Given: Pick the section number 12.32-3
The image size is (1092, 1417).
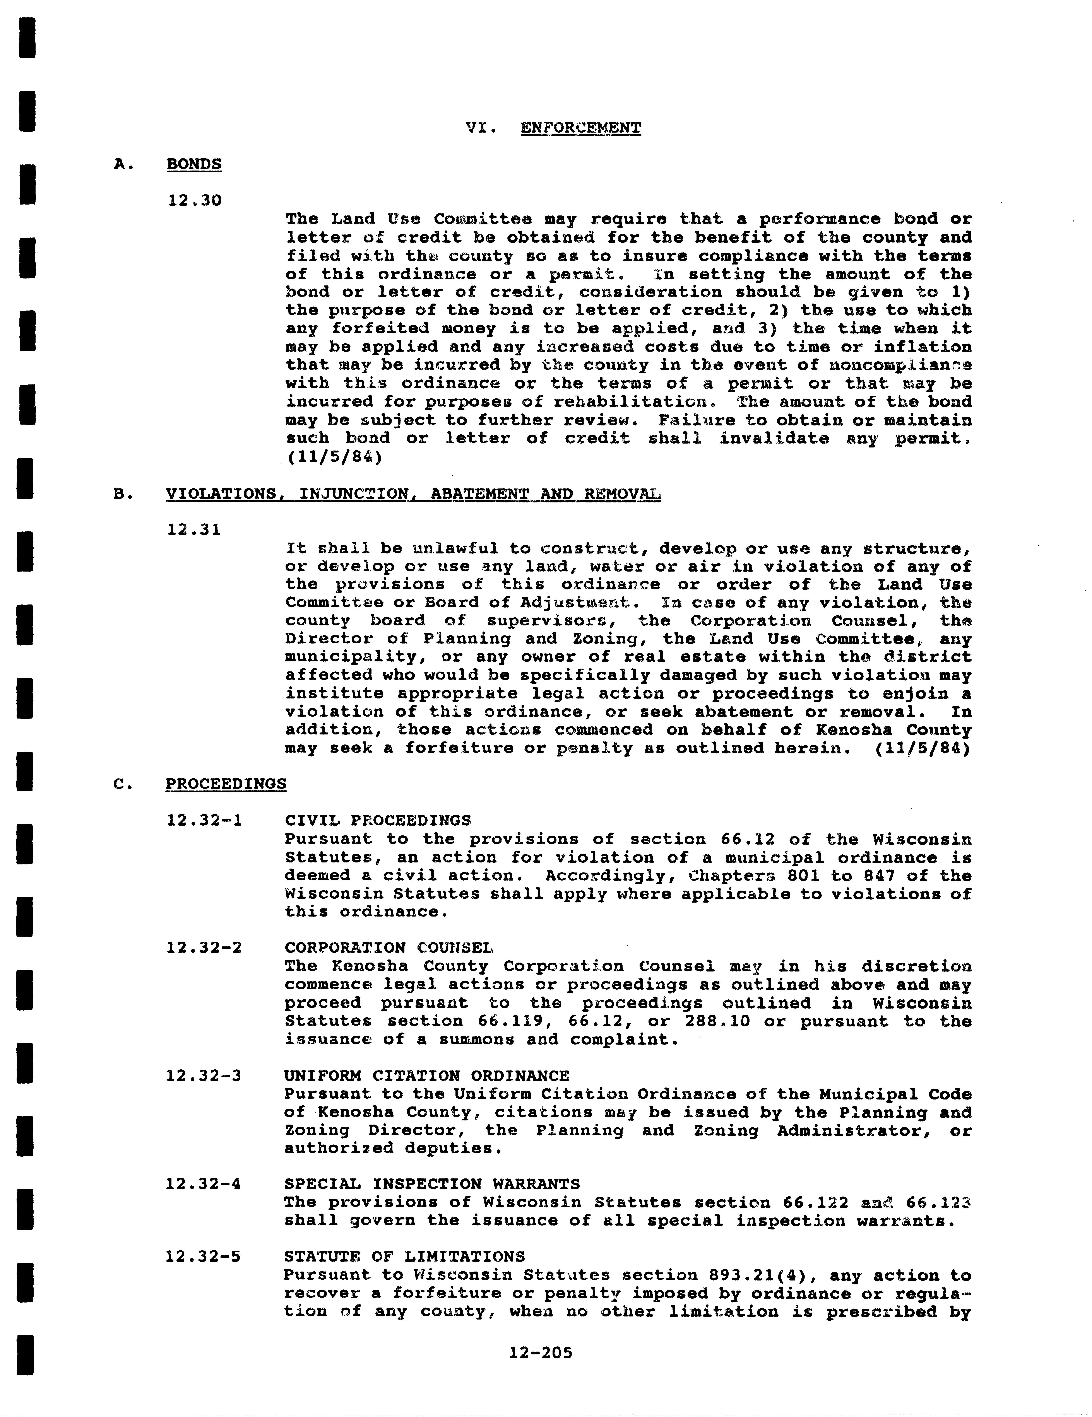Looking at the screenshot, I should (x=204, y=1076).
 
